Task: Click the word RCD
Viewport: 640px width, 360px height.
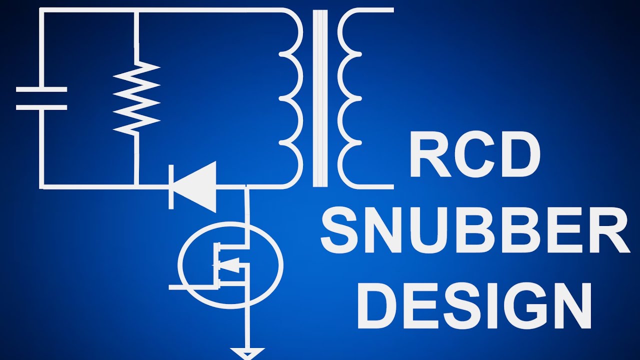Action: [x=475, y=154]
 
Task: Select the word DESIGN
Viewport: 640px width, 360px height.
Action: [x=474, y=306]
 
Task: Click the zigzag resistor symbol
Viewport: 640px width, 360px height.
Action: [x=136, y=98]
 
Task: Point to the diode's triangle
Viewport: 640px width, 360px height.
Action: [x=194, y=187]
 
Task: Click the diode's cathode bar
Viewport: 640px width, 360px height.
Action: [x=171, y=187]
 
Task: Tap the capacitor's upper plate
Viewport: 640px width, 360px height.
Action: [x=41, y=89]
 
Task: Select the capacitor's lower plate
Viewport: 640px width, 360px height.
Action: [x=41, y=107]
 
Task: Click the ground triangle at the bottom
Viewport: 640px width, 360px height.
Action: [x=247, y=353]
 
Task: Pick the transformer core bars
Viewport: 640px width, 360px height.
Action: [x=320, y=98]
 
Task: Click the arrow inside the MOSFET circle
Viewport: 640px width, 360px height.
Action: [x=230, y=265]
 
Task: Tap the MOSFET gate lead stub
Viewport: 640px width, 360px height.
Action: [x=191, y=287]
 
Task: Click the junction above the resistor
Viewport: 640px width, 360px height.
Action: [x=136, y=10]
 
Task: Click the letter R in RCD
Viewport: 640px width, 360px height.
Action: [x=431, y=154]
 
